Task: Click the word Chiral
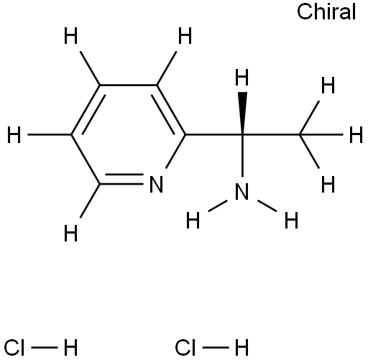click(326, 11)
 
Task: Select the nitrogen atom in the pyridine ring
click(156, 184)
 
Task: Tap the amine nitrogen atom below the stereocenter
click(241, 191)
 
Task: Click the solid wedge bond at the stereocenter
click(242, 113)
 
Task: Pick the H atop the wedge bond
click(242, 78)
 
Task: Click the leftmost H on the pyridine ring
click(14, 135)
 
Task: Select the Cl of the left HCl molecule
click(14, 348)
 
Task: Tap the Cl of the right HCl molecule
click(185, 348)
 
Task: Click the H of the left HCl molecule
click(71, 348)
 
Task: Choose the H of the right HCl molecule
click(242, 348)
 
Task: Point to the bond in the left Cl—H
click(45, 348)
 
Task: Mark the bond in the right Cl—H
click(216, 348)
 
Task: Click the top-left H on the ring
click(71, 36)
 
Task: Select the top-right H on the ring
click(185, 36)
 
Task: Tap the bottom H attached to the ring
click(71, 234)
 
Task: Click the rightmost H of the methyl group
click(356, 135)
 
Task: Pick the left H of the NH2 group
click(193, 221)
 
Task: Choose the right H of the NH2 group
click(291, 221)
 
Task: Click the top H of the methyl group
click(328, 86)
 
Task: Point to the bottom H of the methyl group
click(328, 184)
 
